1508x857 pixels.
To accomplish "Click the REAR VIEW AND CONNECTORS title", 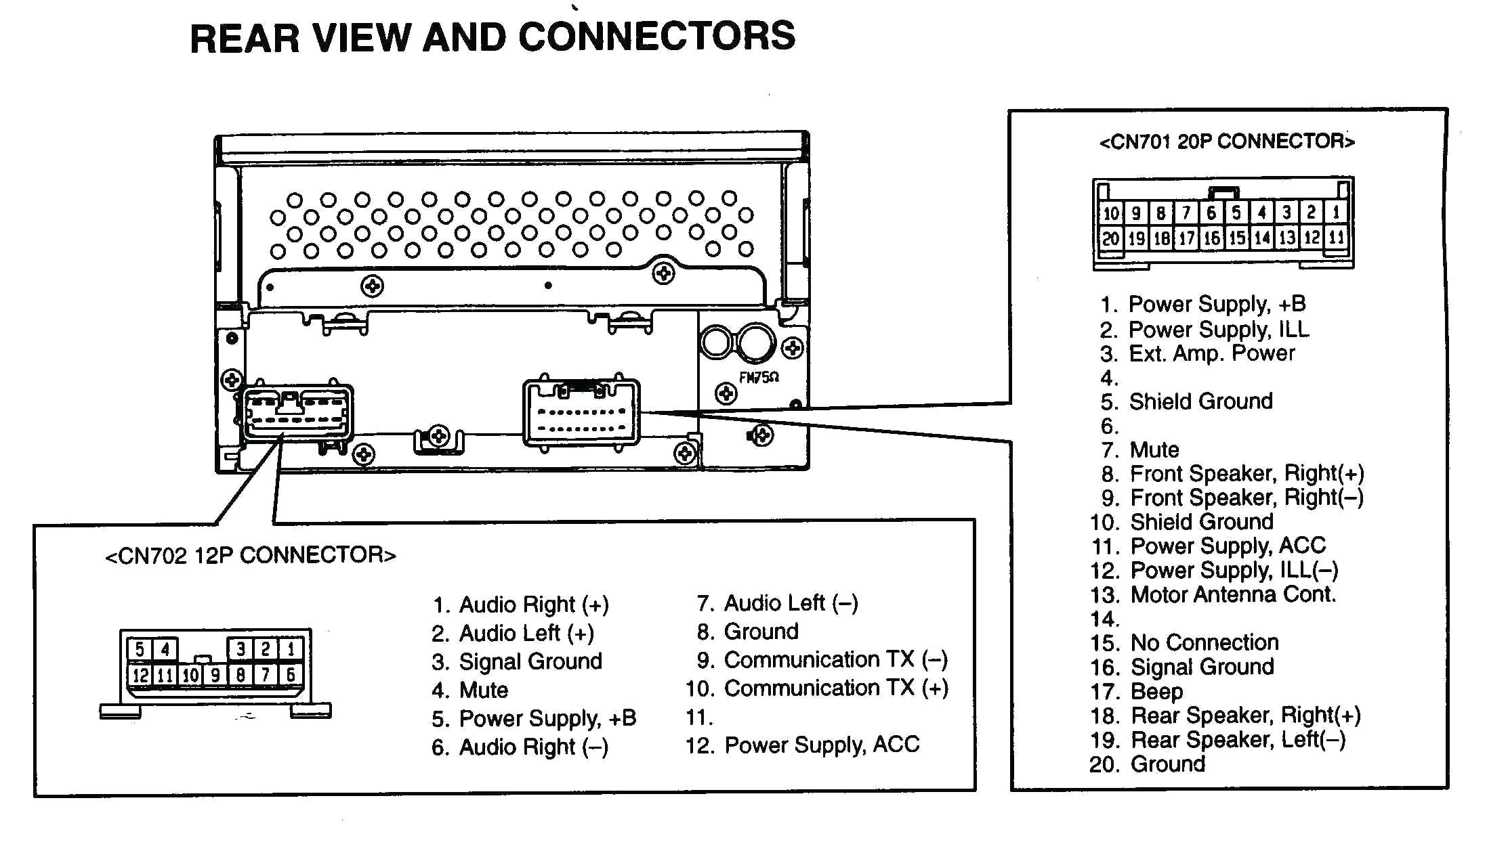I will pyautogui.click(x=493, y=37).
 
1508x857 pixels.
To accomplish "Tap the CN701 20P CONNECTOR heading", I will pyautogui.click(x=1226, y=141).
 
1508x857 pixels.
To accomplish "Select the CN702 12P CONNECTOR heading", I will pyautogui.click(x=250, y=556).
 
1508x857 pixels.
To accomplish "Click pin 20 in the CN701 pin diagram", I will pyautogui.click(x=1110, y=238).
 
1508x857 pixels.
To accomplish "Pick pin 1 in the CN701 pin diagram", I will pyautogui.click(x=1336, y=213).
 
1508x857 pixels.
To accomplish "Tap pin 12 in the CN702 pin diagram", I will pyautogui.click(x=140, y=675).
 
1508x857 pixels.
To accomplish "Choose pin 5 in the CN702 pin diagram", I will pyautogui.click(x=139, y=649).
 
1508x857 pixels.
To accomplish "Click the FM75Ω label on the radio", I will pyautogui.click(x=758, y=378).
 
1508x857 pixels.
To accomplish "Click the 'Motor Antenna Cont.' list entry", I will pyautogui.click(x=1233, y=595).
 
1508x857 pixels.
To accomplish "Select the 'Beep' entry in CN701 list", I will pyautogui.click(x=1156, y=692).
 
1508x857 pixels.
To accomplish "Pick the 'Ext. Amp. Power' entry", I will pyautogui.click(x=1211, y=353).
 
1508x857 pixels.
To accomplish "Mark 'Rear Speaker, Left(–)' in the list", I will pyautogui.click(x=1238, y=740).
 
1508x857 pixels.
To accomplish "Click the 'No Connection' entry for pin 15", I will pyautogui.click(x=1205, y=642).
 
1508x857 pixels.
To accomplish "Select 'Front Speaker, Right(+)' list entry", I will pyautogui.click(x=1247, y=473).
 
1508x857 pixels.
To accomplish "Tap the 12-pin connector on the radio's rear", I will pyautogui.click(x=296, y=413).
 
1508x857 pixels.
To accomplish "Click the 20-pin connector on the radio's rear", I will pyautogui.click(x=581, y=412).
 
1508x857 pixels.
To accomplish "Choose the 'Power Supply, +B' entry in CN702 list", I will pyautogui.click(x=547, y=718).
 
